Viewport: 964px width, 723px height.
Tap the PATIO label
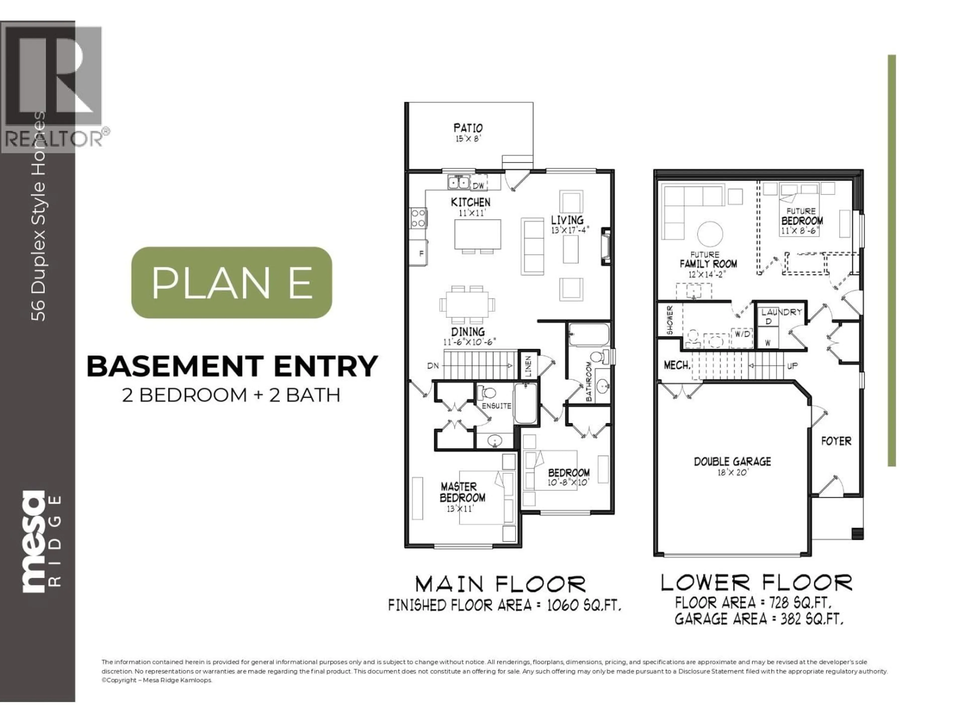(x=468, y=128)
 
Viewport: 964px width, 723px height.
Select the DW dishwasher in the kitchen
(x=478, y=186)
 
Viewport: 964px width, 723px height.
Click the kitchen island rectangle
(x=478, y=234)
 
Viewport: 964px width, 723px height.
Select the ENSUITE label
(x=496, y=406)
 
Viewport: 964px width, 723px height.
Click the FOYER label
(x=836, y=441)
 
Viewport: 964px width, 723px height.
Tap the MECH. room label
(x=677, y=365)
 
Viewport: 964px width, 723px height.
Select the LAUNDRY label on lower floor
(x=781, y=312)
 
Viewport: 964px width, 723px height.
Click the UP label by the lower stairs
(x=792, y=366)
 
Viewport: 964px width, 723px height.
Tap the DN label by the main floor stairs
(x=433, y=366)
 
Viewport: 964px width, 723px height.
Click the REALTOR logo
(x=54, y=87)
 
